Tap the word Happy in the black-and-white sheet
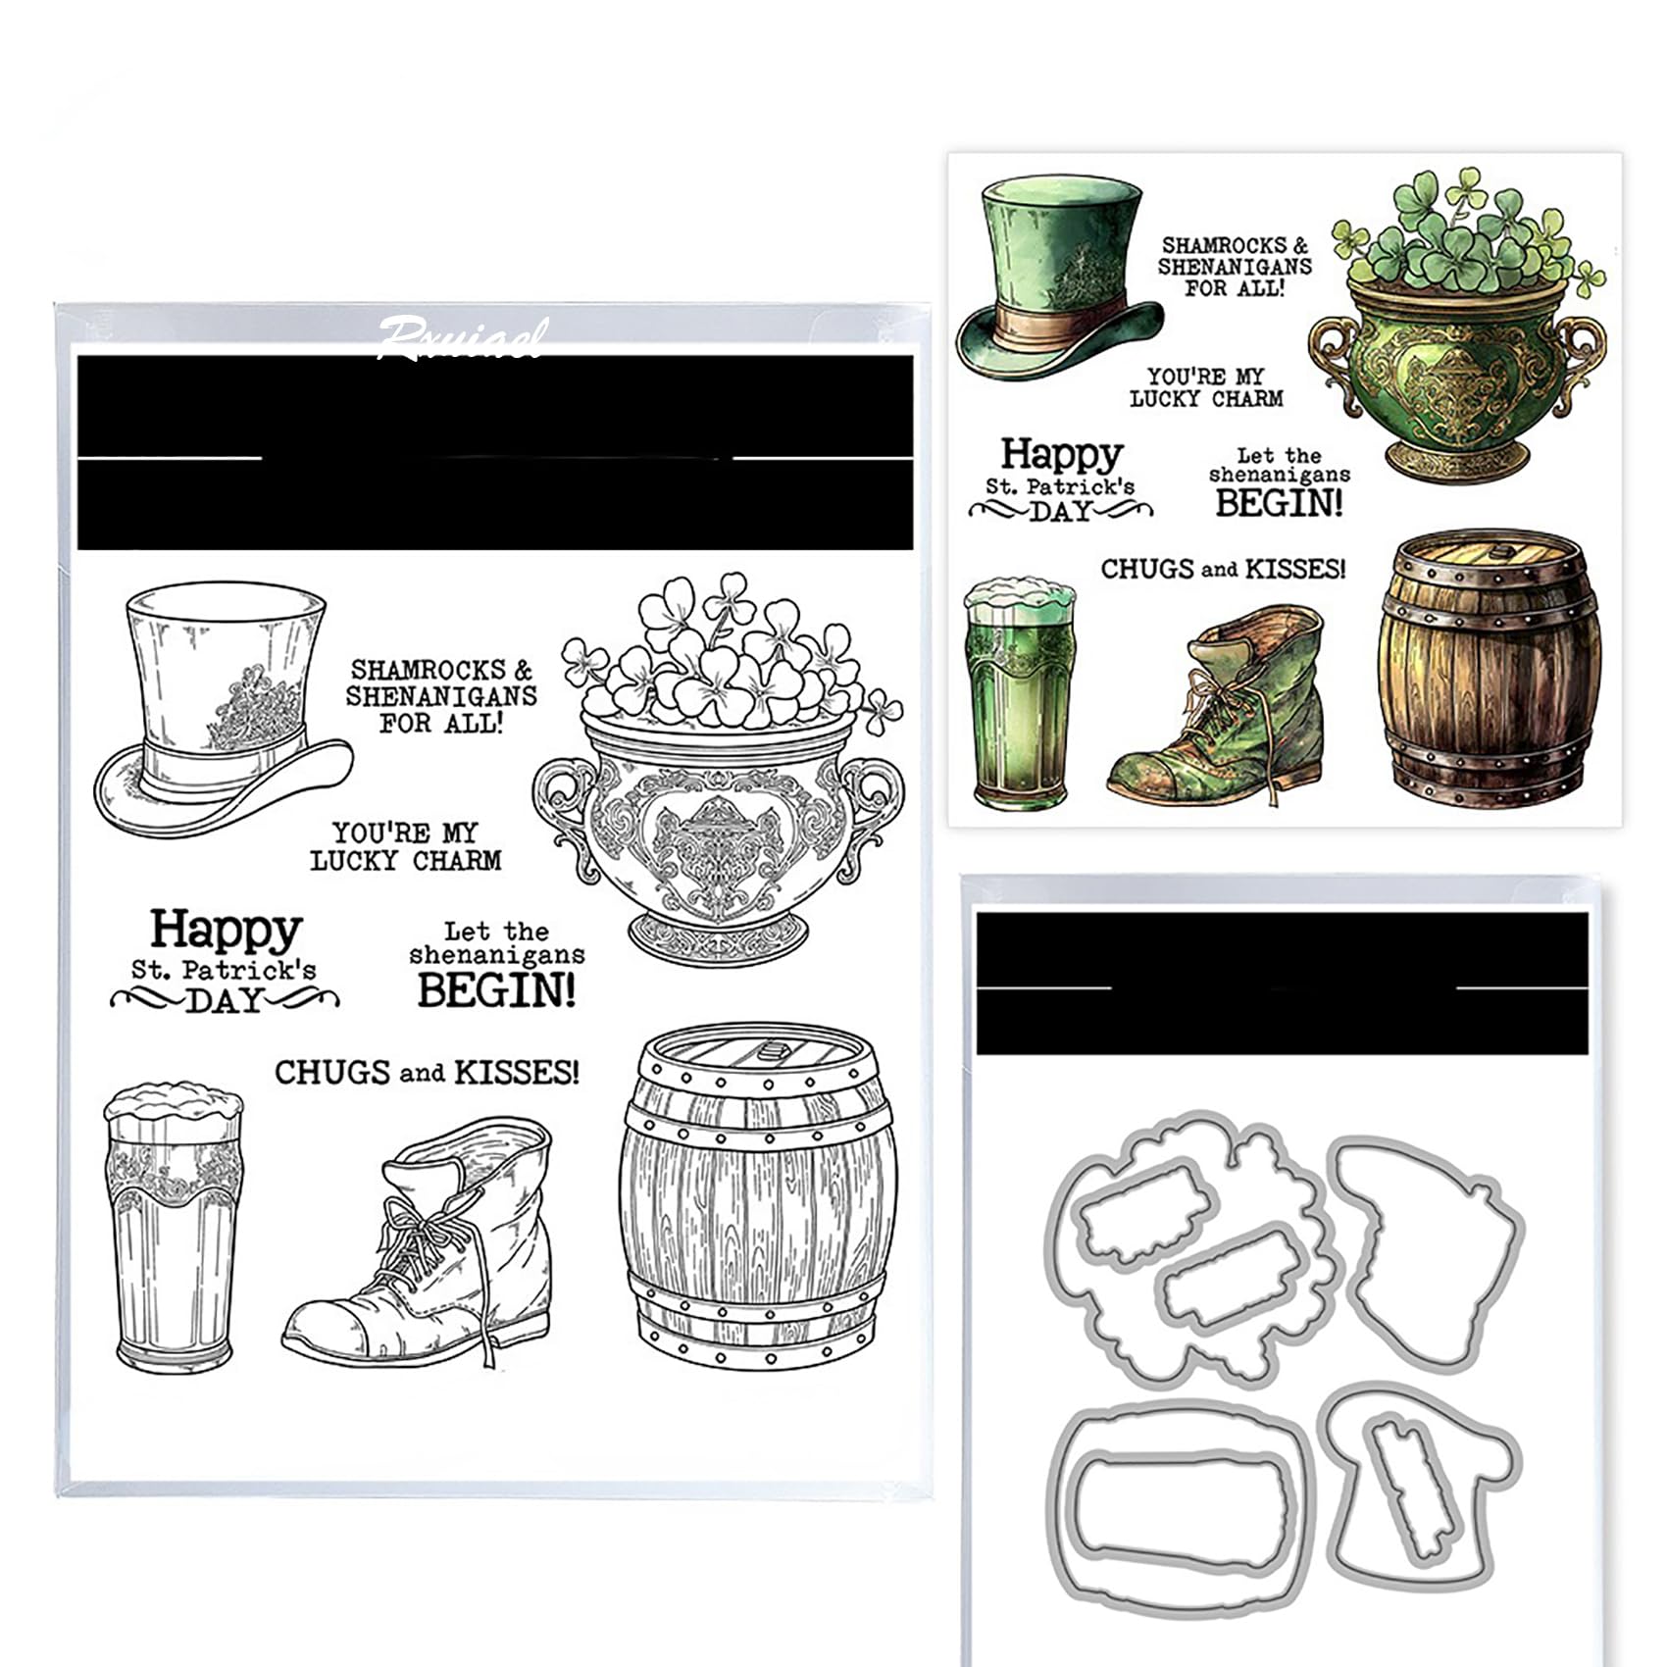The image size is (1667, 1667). [226, 930]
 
